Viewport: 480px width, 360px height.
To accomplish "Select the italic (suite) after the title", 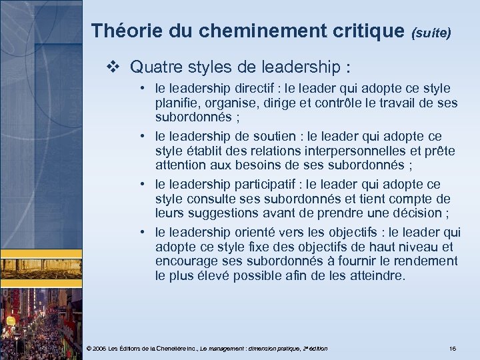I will (x=435, y=31).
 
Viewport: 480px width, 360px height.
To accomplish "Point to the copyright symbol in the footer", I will (x=89, y=349).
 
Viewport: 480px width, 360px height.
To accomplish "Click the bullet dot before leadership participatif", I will (x=144, y=184).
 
